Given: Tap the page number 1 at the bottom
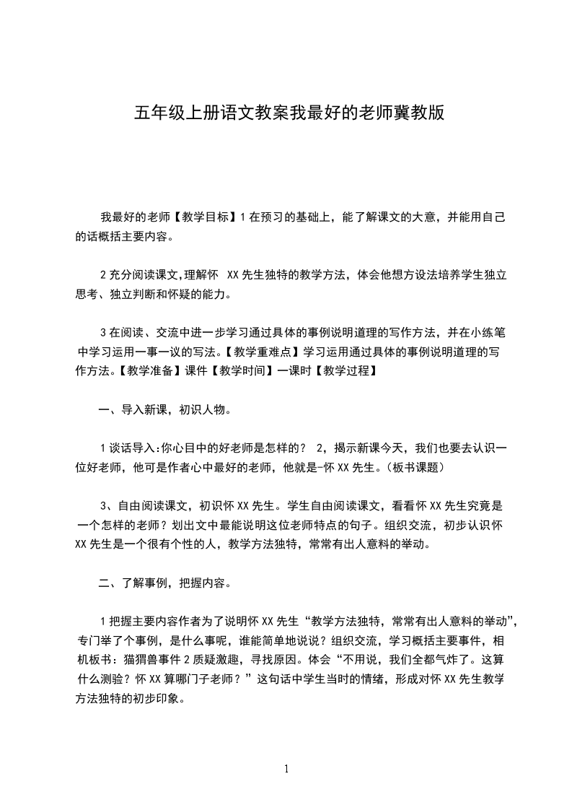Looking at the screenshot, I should coord(286,769).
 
